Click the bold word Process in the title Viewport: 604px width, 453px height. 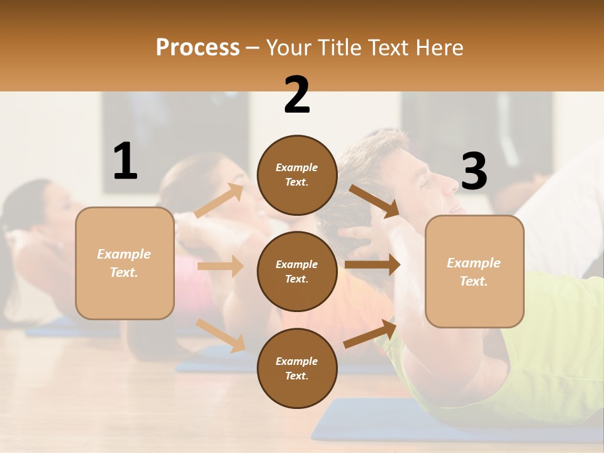[x=198, y=48]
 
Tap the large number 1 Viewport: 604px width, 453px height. [x=125, y=162]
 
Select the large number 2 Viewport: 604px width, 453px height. [x=297, y=95]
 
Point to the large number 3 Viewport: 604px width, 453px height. [x=474, y=172]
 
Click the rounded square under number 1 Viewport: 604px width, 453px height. [x=125, y=263]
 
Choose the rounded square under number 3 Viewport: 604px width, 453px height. [x=474, y=271]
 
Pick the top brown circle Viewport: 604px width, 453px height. [x=297, y=175]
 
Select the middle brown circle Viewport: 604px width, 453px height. [x=297, y=271]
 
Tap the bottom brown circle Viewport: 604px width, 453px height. [x=297, y=368]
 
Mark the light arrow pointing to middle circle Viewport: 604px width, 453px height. [x=220, y=266]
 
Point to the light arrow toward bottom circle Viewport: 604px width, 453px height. [x=221, y=335]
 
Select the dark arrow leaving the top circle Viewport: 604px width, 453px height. [x=374, y=201]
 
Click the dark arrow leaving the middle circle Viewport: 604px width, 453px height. [x=372, y=265]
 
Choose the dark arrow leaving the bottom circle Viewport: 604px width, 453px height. [x=371, y=333]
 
